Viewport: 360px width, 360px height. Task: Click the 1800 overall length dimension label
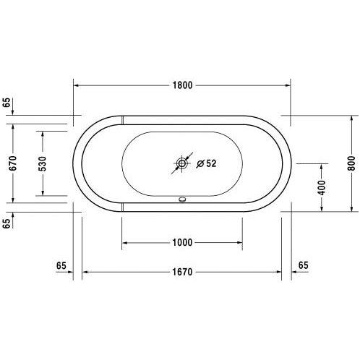(x=183, y=85)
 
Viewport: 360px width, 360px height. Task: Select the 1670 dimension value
(x=182, y=272)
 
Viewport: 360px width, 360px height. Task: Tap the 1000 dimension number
(x=182, y=242)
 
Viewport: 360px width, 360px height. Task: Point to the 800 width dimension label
(x=351, y=163)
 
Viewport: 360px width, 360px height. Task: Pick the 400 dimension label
(x=322, y=187)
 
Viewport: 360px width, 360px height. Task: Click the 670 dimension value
(x=13, y=163)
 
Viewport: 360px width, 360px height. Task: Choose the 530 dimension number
(x=43, y=163)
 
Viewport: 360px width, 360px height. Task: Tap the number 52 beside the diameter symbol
(x=211, y=163)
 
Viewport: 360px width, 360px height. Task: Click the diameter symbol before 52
(x=200, y=163)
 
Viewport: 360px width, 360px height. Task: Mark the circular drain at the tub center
(x=182, y=163)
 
